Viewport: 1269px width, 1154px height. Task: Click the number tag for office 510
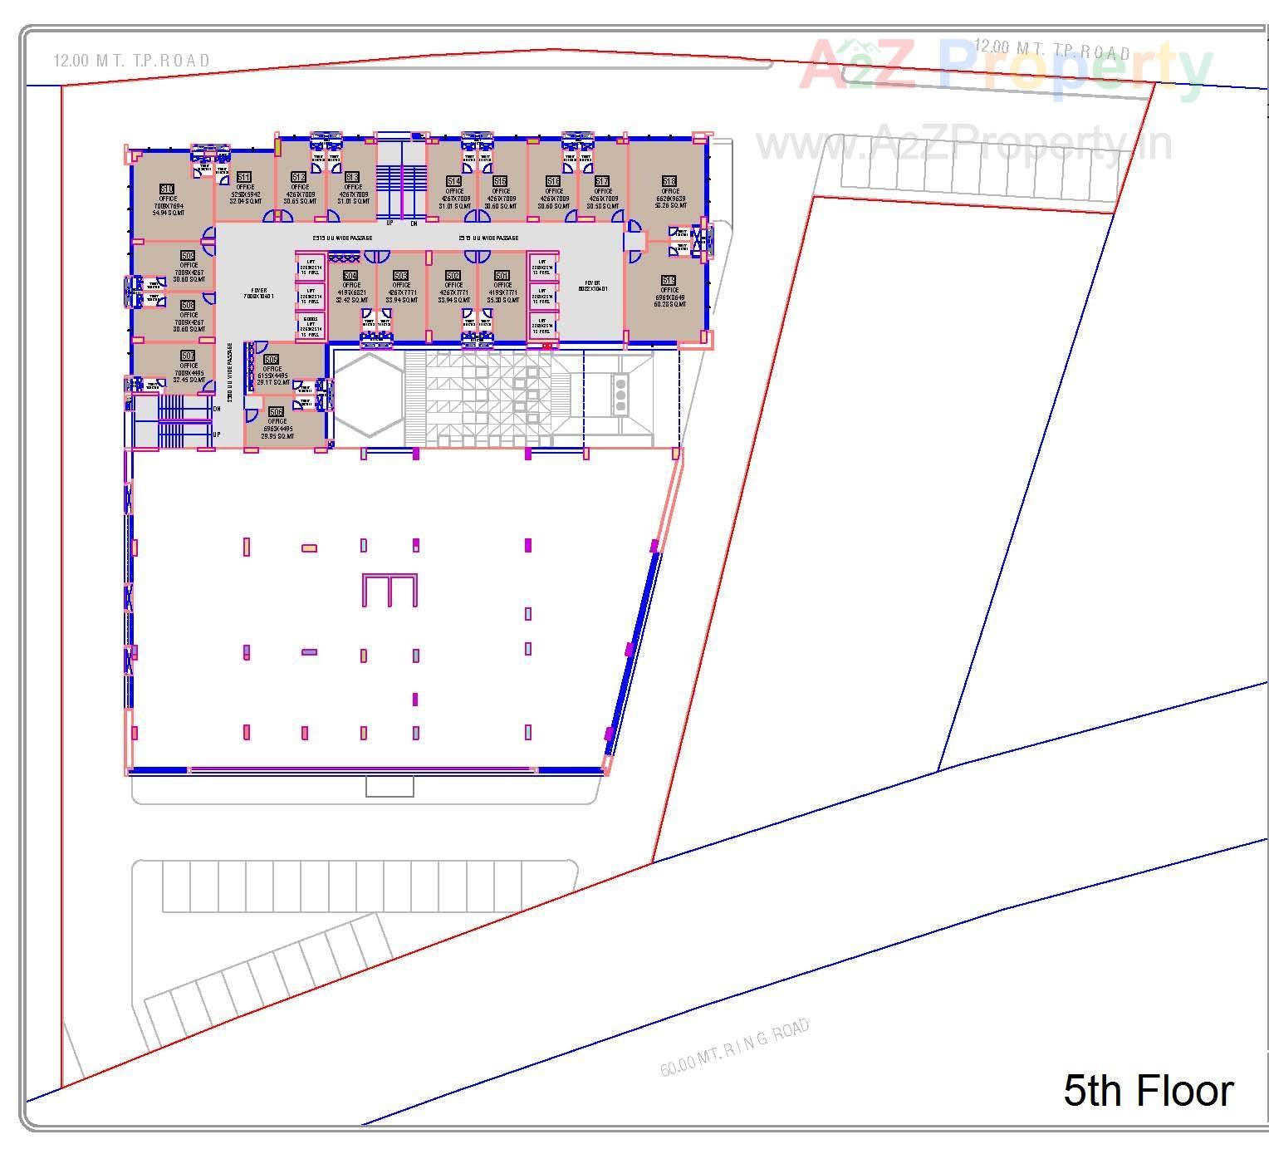pos(167,189)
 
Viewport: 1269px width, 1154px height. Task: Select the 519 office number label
pos(669,281)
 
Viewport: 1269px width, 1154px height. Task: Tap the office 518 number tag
pos(669,181)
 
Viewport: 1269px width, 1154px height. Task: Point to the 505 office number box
pos(272,360)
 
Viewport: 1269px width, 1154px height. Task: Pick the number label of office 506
pos(277,412)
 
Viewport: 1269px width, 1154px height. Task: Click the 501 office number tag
pos(502,276)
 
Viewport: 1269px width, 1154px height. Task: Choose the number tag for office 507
pos(189,356)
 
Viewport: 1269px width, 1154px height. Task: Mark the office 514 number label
pos(453,181)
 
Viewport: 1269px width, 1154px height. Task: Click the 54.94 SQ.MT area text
pos(168,214)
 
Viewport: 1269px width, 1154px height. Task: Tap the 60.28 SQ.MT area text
pos(669,304)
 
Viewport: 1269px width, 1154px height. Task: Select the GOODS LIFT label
pos(311,325)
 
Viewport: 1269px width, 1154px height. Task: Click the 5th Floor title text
pos(1148,1090)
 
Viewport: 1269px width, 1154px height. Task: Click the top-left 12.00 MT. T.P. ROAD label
pos(131,61)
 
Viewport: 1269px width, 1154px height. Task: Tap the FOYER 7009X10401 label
pos(258,293)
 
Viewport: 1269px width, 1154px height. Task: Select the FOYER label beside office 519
pos(592,286)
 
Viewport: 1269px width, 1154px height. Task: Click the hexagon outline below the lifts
pos(369,395)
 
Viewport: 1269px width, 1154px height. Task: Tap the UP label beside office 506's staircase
pos(217,435)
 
